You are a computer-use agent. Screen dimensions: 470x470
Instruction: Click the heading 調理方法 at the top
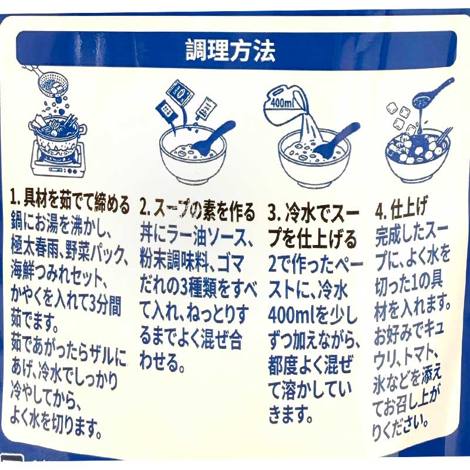[x=230, y=51]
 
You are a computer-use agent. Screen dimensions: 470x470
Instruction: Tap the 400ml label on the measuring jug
[x=281, y=103]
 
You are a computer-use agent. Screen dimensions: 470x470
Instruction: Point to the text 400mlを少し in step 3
[x=313, y=317]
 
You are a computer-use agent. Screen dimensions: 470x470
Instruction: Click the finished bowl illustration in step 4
[x=418, y=156]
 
